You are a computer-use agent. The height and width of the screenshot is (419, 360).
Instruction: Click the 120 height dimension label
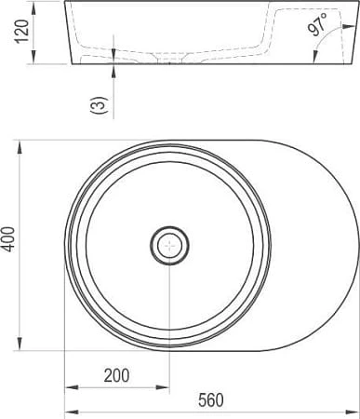tap(23, 32)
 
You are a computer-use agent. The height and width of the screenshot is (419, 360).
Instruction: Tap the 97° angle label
tap(317, 24)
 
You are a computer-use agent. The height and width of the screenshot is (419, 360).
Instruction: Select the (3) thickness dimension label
tap(99, 105)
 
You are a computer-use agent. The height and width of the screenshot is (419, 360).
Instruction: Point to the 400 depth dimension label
tap(9, 239)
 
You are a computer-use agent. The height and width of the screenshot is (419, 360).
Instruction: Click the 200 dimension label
tap(116, 375)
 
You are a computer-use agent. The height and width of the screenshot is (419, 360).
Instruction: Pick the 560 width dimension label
tap(211, 400)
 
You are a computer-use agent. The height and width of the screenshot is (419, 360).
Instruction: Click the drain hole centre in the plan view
tap(169, 246)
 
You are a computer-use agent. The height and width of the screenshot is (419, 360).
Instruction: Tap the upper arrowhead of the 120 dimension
tap(33, 9)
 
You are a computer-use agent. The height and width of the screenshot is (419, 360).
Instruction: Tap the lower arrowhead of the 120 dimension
tap(33, 58)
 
